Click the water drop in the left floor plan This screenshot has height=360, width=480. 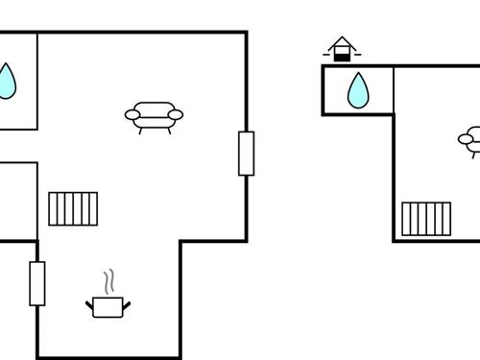click(x=7, y=82)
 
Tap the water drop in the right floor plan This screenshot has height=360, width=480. click(x=358, y=90)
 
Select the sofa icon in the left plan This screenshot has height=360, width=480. click(x=154, y=115)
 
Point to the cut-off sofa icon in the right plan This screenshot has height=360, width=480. click(x=471, y=140)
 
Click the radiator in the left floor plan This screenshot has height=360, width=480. click(x=73, y=208)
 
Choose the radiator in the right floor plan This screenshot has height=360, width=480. click(x=426, y=218)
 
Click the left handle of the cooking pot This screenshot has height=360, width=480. click(x=89, y=304)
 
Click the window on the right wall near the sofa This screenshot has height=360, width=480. click(x=247, y=154)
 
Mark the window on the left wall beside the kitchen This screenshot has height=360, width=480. click(x=37, y=283)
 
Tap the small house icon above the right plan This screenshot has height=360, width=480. click(x=341, y=49)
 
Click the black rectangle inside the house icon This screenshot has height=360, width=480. click(x=341, y=56)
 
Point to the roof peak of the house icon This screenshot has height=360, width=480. click(x=341, y=38)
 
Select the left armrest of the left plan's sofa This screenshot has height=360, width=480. click(x=132, y=115)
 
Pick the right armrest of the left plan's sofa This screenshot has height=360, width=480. click(x=175, y=114)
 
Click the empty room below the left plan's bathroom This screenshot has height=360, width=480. click(x=17, y=201)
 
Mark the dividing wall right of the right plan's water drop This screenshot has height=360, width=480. click(x=394, y=90)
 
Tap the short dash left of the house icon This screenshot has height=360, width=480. click(x=326, y=54)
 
